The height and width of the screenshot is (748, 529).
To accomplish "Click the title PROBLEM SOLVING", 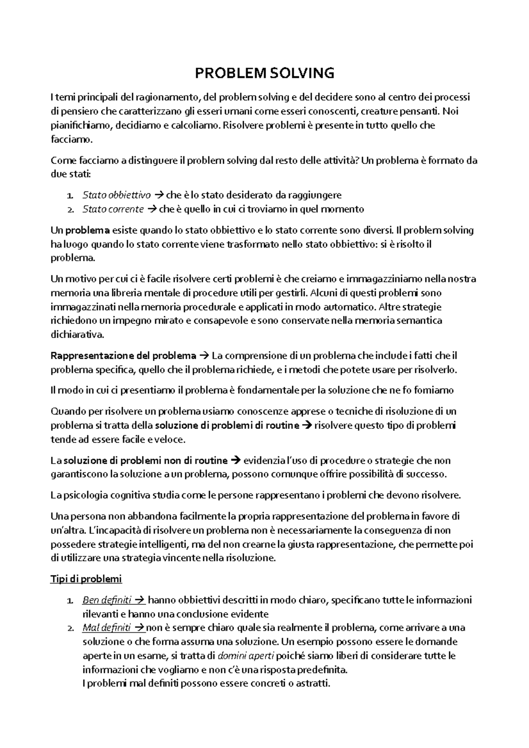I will pyautogui.click(x=264, y=73).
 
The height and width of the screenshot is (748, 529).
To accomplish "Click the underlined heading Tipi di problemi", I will pyautogui.click(x=86, y=578).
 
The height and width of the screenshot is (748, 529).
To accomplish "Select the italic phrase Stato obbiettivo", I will pyautogui.click(x=116, y=195).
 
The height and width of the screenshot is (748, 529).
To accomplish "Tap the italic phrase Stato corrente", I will pyautogui.click(x=113, y=209).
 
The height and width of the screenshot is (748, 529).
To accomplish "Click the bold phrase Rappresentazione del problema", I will pyautogui.click(x=123, y=355).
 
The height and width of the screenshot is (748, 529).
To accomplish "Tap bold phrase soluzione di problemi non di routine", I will pyautogui.click(x=145, y=460).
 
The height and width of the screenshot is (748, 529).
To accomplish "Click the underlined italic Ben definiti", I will pyautogui.click(x=107, y=600).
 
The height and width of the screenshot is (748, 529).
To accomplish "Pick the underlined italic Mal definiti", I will pyautogui.click(x=106, y=627).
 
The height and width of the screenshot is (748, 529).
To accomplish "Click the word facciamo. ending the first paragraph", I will pyautogui.click(x=72, y=140).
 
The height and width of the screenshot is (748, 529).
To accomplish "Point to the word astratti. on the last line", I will pyautogui.click(x=313, y=684).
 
